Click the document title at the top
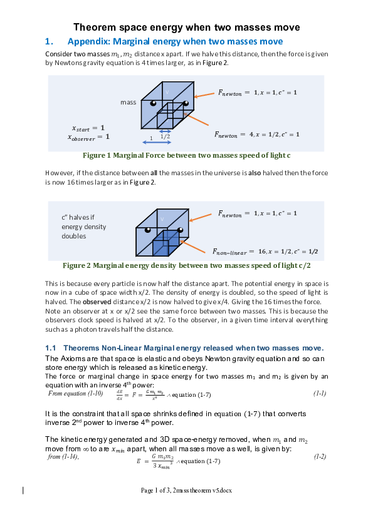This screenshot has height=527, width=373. click(186, 27)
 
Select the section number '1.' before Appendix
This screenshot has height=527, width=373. click(50, 41)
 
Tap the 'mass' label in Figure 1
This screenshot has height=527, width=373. click(128, 102)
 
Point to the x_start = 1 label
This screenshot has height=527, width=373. click(88, 127)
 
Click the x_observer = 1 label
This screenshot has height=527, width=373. click(88, 136)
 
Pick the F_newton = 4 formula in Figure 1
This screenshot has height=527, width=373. click(256, 134)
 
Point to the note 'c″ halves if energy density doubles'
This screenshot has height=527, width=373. click(83, 227)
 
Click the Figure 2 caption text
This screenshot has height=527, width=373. click(186, 265)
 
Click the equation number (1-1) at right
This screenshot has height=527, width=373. click(320, 394)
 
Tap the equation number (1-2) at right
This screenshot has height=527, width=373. click(320, 457)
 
